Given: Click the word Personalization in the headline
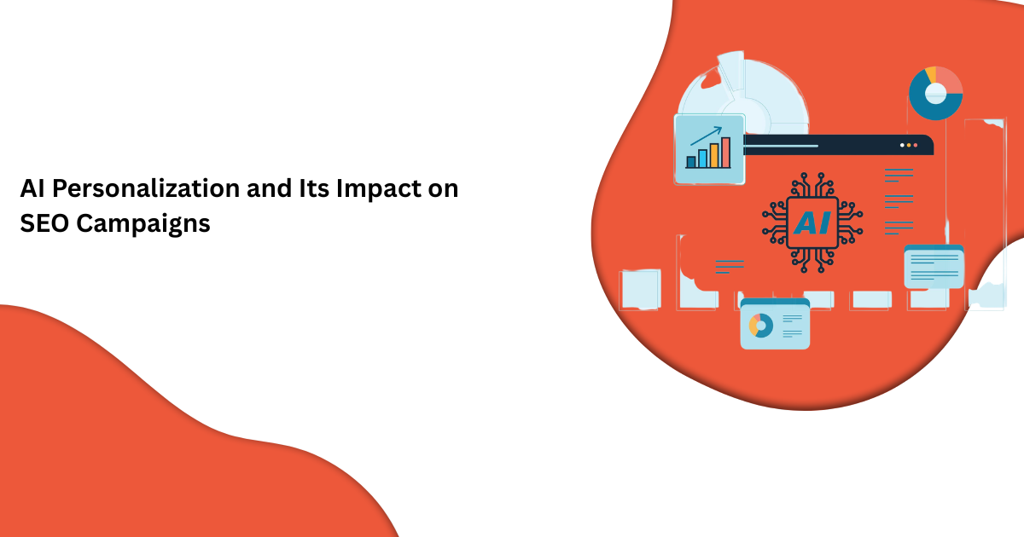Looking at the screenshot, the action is pos(146,189).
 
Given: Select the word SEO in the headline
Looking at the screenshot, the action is pos(44,223).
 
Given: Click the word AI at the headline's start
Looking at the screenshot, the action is pos(32,188).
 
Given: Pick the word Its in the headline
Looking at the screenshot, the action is pos(314,188).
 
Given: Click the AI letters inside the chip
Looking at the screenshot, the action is pos(812,223).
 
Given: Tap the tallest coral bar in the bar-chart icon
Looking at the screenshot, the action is pos(726,153).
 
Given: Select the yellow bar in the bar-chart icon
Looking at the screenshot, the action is pos(714,156).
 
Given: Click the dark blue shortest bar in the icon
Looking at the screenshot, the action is pos(691,162).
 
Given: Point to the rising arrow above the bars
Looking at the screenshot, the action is pos(706,136).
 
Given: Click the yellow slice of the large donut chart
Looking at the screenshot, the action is pos(931,75).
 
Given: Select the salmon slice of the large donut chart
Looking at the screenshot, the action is pos(951,81).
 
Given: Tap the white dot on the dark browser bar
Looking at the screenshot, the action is pos(902,145).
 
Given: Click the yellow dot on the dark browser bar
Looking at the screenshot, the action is pos(909,145).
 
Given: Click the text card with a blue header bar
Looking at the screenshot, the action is pos(934,267).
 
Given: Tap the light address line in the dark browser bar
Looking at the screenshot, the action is pos(781,146).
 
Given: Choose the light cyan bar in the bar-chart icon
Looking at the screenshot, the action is pos(702,159).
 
